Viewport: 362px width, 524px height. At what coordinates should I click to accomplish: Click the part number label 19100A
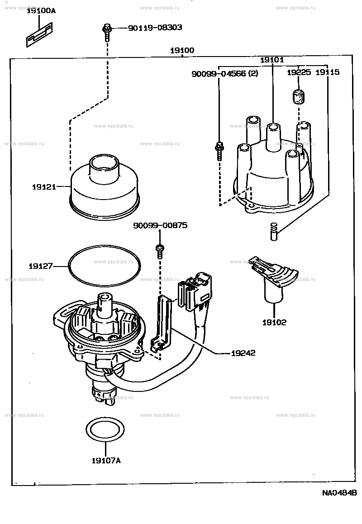point(41,11)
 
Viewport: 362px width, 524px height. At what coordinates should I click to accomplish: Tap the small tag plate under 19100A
point(39,34)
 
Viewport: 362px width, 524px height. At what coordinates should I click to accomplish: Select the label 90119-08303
point(155,28)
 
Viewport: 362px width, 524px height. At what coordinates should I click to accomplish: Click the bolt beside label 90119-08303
point(107,32)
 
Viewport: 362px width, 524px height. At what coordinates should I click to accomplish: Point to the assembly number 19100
point(182,51)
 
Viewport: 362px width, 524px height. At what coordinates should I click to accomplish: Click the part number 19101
point(272,60)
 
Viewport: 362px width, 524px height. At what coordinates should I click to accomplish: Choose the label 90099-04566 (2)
point(224,73)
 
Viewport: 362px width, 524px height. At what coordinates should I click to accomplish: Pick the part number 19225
point(299,72)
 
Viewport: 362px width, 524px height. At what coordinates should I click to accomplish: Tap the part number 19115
point(328,72)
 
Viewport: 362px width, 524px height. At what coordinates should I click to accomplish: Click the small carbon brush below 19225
point(299,96)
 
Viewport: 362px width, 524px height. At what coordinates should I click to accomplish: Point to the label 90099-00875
point(160,226)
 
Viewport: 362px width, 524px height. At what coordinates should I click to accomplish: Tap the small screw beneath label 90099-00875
point(160,251)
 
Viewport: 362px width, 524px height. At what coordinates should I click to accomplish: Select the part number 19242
point(243,353)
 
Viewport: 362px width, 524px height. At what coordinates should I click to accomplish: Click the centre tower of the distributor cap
point(273,138)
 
